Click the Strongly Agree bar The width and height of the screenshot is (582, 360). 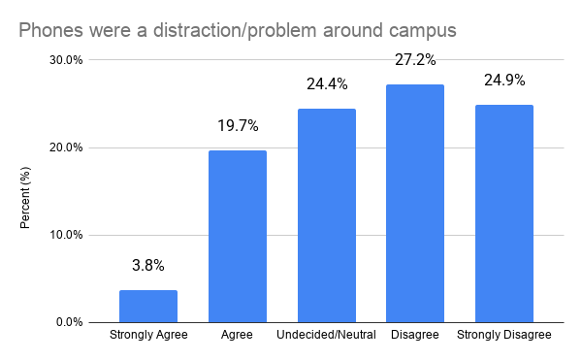click(148, 307)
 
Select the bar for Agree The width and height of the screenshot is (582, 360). click(238, 237)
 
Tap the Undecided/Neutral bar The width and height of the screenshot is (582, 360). click(327, 215)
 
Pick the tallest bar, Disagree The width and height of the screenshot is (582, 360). click(415, 204)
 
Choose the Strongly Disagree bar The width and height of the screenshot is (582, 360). click(504, 213)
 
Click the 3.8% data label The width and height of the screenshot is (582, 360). click(148, 265)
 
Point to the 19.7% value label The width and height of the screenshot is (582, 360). click(238, 126)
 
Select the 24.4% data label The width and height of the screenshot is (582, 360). click(327, 84)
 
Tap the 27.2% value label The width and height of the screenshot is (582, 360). click(415, 60)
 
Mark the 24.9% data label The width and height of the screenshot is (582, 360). click(504, 81)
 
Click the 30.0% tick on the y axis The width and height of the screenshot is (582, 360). click(66, 60)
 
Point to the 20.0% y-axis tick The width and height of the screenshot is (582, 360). click(66, 147)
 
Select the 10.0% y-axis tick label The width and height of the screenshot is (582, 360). click(66, 235)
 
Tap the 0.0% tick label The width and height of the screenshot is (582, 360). click(70, 322)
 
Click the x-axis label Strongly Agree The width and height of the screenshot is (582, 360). click(148, 335)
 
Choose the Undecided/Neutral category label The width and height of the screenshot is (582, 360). click(326, 335)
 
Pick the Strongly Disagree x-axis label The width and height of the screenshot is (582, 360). click(504, 335)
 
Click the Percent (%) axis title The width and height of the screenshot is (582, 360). click(25, 198)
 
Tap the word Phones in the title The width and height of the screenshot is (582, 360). click(50, 30)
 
